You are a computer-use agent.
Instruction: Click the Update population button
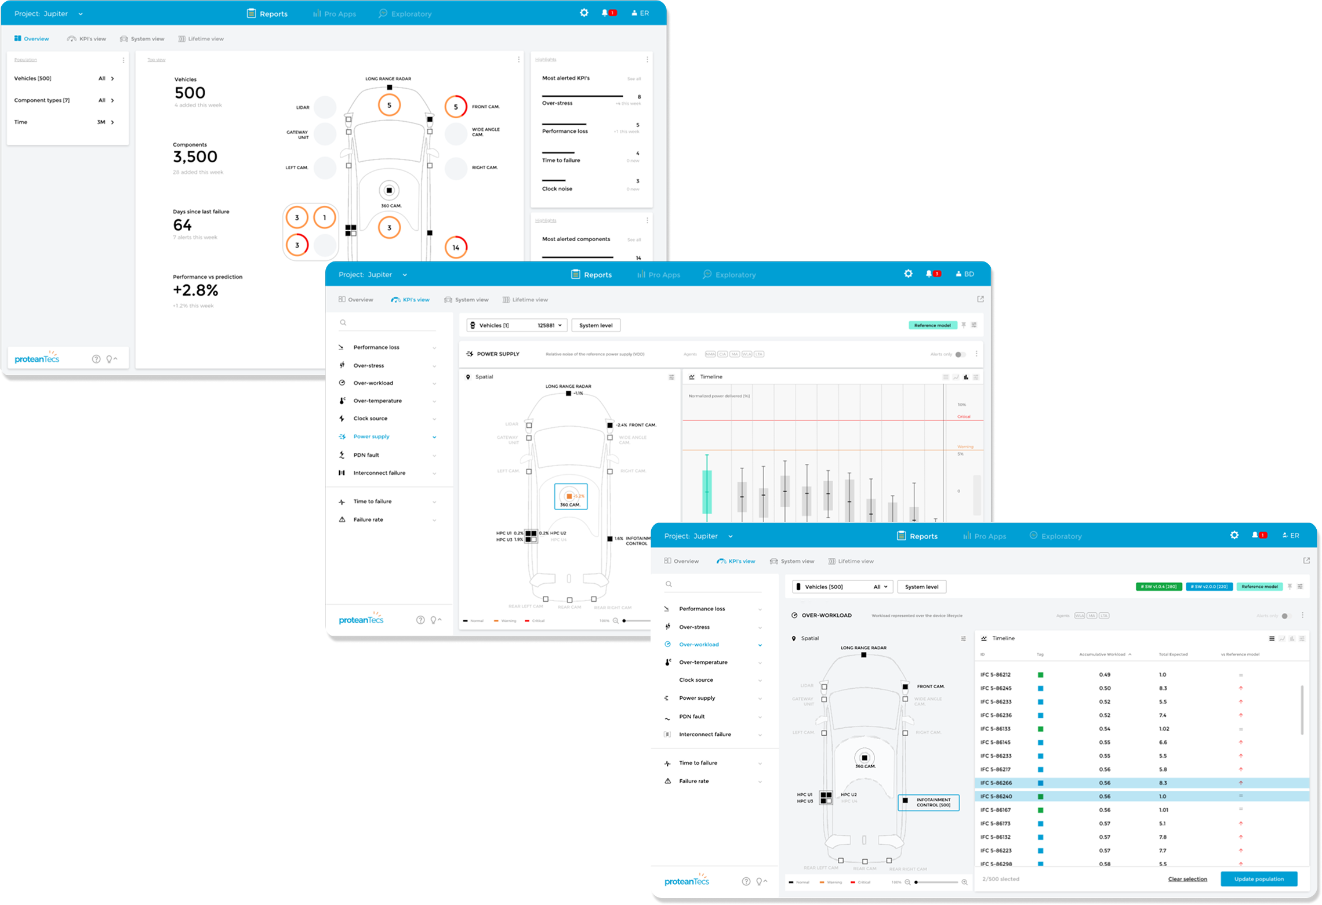click(1258, 879)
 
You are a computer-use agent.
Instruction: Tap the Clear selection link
click(1187, 879)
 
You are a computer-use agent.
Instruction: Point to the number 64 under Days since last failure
click(182, 225)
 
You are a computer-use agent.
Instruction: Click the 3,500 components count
click(195, 157)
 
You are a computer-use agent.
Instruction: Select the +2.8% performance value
click(195, 290)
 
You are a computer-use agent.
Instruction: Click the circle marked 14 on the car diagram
click(456, 248)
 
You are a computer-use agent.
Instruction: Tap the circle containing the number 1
click(324, 217)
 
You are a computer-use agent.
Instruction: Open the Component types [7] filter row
click(64, 100)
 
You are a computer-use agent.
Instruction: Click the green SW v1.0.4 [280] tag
click(1158, 587)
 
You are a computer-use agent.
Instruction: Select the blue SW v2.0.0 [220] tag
click(1209, 587)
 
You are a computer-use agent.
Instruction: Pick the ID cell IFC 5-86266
click(996, 783)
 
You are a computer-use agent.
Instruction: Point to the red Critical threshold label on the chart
click(964, 416)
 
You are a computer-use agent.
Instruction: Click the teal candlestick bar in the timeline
click(707, 491)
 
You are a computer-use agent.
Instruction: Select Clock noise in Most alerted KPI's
click(557, 188)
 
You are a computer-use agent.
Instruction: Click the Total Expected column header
click(1172, 654)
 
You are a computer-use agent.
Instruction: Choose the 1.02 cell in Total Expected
click(1164, 729)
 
